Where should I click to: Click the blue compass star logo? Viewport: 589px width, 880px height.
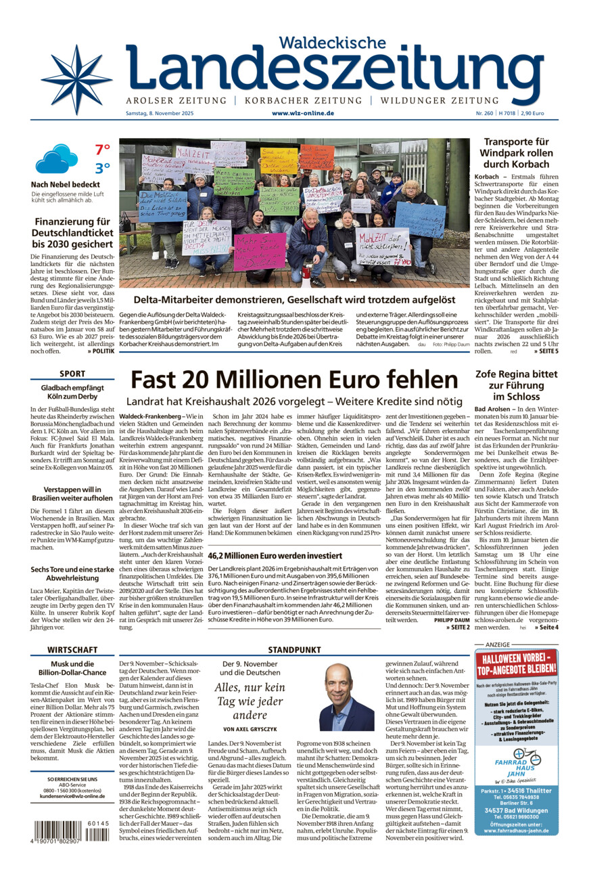pyautogui.click(x=76, y=80)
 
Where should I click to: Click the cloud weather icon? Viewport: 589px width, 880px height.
pyautogui.click(x=57, y=159)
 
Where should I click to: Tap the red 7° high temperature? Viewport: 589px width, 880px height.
pyautogui.click(x=102, y=150)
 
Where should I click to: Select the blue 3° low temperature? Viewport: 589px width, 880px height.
pyautogui.click(x=102, y=168)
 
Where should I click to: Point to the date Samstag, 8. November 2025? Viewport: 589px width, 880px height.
pyautogui.click(x=159, y=113)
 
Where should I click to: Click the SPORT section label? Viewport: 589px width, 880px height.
pyautogui.click(x=72, y=374)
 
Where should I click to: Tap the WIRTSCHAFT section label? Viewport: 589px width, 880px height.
pyautogui.click(x=72, y=649)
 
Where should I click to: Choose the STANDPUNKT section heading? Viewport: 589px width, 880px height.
pyautogui.click(x=294, y=649)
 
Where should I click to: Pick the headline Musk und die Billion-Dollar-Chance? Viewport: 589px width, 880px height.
pyautogui.click(x=72, y=668)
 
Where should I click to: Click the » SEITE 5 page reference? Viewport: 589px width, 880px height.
pyautogui.click(x=546, y=351)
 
